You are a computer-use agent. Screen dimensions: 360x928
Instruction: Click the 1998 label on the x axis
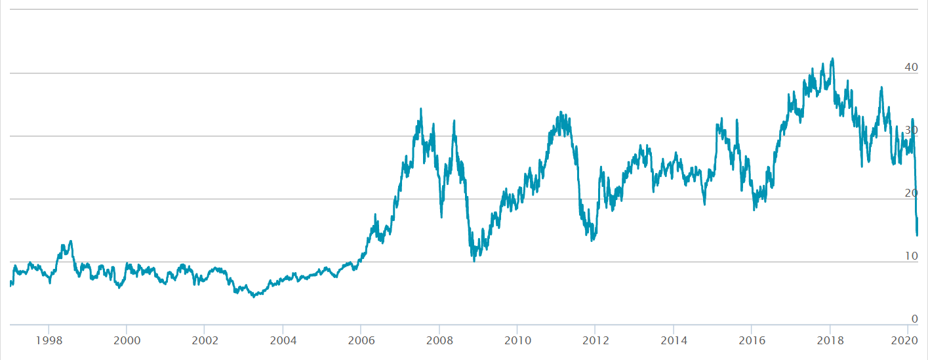point(49,340)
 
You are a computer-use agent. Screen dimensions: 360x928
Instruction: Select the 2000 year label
point(127,340)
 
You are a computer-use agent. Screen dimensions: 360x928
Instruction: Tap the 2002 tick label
point(205,340)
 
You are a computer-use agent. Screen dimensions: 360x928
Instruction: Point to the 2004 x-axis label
point(283,340)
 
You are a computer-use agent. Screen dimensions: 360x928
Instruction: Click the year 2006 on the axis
point(361,340)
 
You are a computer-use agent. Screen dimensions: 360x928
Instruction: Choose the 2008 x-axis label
point(439,340)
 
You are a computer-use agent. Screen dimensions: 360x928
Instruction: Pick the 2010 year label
point(517,340)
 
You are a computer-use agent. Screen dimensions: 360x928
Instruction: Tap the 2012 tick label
point(595,340)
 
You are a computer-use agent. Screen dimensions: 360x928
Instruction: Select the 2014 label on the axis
point(674,340)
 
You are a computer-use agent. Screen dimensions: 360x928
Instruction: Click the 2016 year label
point(752,340)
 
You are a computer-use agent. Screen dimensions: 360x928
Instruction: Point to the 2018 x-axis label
point(830,340)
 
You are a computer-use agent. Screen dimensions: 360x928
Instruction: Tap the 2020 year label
point(906,340)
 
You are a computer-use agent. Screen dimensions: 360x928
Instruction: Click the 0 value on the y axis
point(914,319)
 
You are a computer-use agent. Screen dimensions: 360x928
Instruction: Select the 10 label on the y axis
point(911,256)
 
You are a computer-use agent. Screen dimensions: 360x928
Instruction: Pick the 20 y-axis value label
point(911,193)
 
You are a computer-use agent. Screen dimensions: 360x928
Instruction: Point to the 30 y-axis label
point(911,130)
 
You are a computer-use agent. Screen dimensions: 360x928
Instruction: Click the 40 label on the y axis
point(911,68)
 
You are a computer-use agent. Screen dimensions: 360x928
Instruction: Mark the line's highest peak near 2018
point(833,58)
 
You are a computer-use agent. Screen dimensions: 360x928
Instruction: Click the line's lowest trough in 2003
point(253,297)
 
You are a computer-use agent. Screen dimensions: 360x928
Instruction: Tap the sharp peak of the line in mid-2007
point(421,109)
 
